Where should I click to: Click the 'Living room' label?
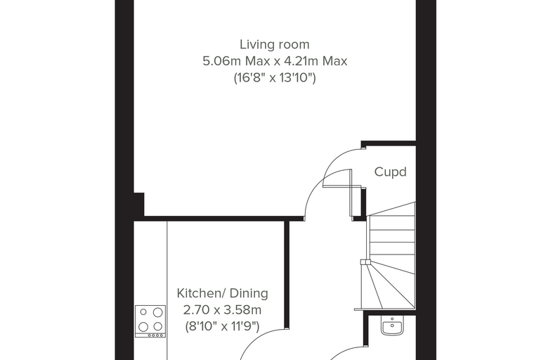tap(275, 44)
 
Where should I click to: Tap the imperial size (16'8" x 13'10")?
tap(275, 78)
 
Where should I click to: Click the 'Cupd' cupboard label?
tap(390, 172)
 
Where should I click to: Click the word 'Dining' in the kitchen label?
tap(249, 293)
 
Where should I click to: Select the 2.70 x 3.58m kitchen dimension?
tap(223, 310)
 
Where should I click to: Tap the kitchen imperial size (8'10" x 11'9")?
tap(223, 326)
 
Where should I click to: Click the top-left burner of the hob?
tap(143, 312)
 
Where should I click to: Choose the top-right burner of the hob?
tap(157, 312)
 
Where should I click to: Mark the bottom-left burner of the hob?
tap(143, 326)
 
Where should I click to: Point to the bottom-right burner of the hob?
tap(157, 326)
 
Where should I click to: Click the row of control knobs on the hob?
tap(155, 335)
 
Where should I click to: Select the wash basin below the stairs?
tap(392, 326)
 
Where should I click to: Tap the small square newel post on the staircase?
tap(365, 262)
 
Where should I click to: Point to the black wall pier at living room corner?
tap(139, 205)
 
